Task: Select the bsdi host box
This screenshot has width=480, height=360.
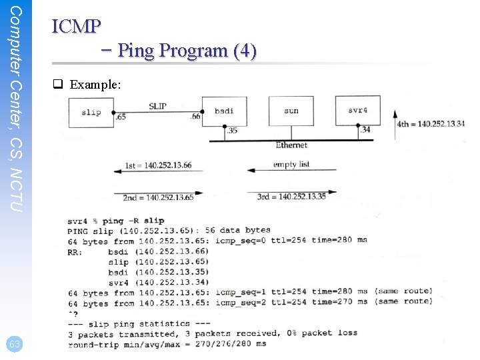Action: [x=224, y=111]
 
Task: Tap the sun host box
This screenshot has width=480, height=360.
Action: [x=291, y=111]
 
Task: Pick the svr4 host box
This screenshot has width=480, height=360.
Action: [x=357, y=110]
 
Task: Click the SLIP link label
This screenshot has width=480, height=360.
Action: [x=157, y=107]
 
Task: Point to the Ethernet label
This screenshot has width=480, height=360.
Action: [x=291, y=145]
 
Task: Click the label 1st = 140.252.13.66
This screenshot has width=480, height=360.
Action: [x=159, y=165]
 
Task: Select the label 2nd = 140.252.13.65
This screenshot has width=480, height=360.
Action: [x=158, y=197]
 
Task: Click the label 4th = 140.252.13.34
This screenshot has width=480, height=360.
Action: [x=431, y=124]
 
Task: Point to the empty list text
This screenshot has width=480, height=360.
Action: [x=291, y=165]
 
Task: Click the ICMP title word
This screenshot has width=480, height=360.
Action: [x=76, y=26]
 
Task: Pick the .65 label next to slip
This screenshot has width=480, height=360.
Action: [x=120, y=117]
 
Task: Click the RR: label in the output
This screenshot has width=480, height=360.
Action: [x=75, y=251]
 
